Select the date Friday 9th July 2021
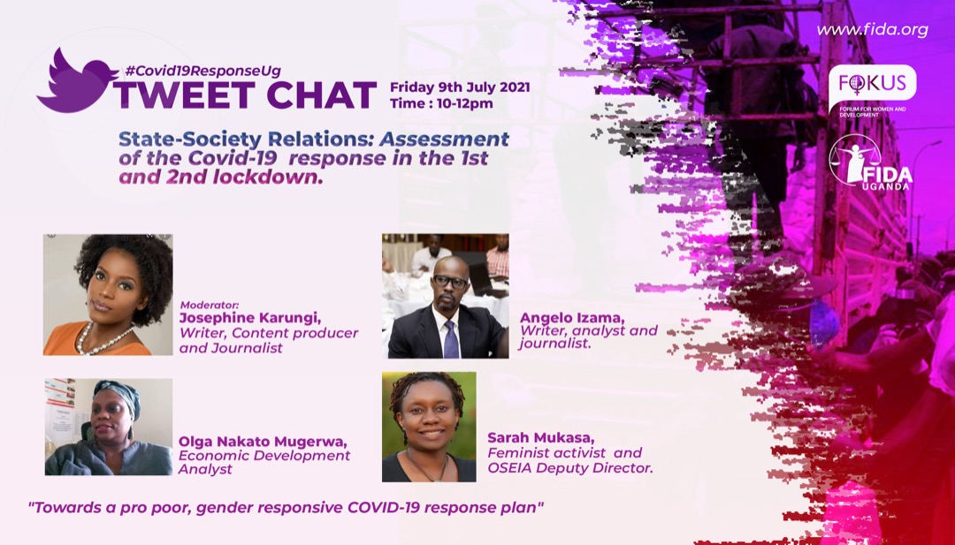coord(460,87)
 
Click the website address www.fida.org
coord(871,30)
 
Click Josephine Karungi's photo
coord(108,294)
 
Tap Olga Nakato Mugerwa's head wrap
coord(119,394)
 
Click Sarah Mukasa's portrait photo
coord(429,426)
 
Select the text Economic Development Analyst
coord(264,462)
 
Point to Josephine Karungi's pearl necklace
coord(99,339)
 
